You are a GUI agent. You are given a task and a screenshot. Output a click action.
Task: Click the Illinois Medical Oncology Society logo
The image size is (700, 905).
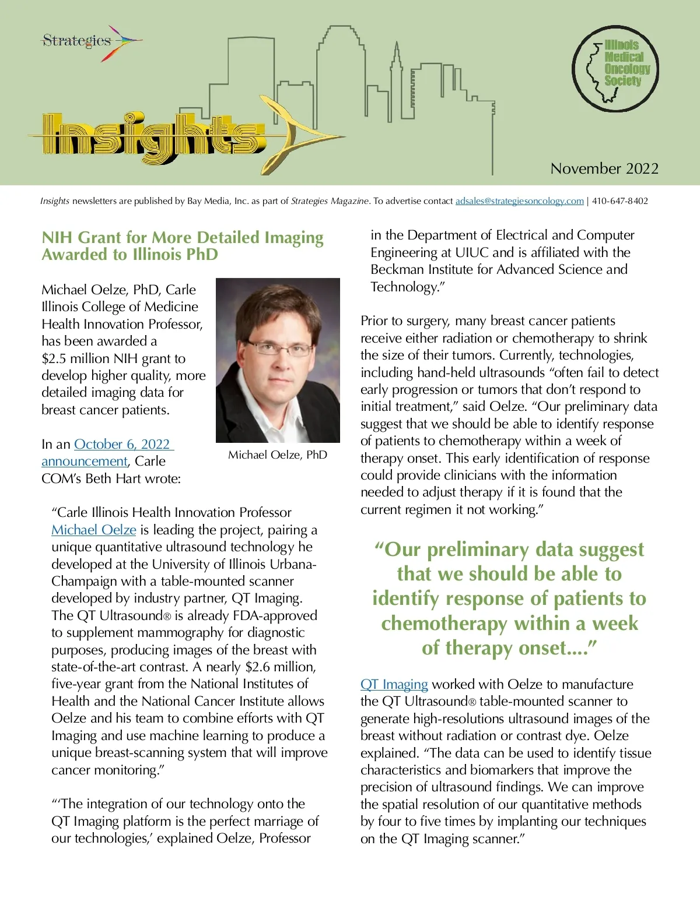(x=615, y=68)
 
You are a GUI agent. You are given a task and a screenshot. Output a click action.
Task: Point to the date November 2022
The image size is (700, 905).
(x=604, y=169)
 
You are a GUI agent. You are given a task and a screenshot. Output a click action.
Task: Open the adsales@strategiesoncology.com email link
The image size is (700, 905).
(x=519, y=201)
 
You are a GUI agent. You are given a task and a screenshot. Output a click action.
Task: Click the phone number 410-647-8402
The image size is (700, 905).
(x=620, y=201)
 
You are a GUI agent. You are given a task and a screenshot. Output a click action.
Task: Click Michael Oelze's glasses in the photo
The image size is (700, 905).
(x=279, y=348)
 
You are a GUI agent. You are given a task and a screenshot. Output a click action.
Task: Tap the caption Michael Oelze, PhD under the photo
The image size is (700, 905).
(x=278, y=455)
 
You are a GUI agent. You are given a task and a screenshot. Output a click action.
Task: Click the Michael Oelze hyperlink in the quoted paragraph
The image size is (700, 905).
(x=94, y=530)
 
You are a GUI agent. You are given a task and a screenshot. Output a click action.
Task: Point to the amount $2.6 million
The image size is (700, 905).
(x=279, y=667)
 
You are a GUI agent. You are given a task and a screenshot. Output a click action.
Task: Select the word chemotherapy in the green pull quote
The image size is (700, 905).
(x=444, y=624)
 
